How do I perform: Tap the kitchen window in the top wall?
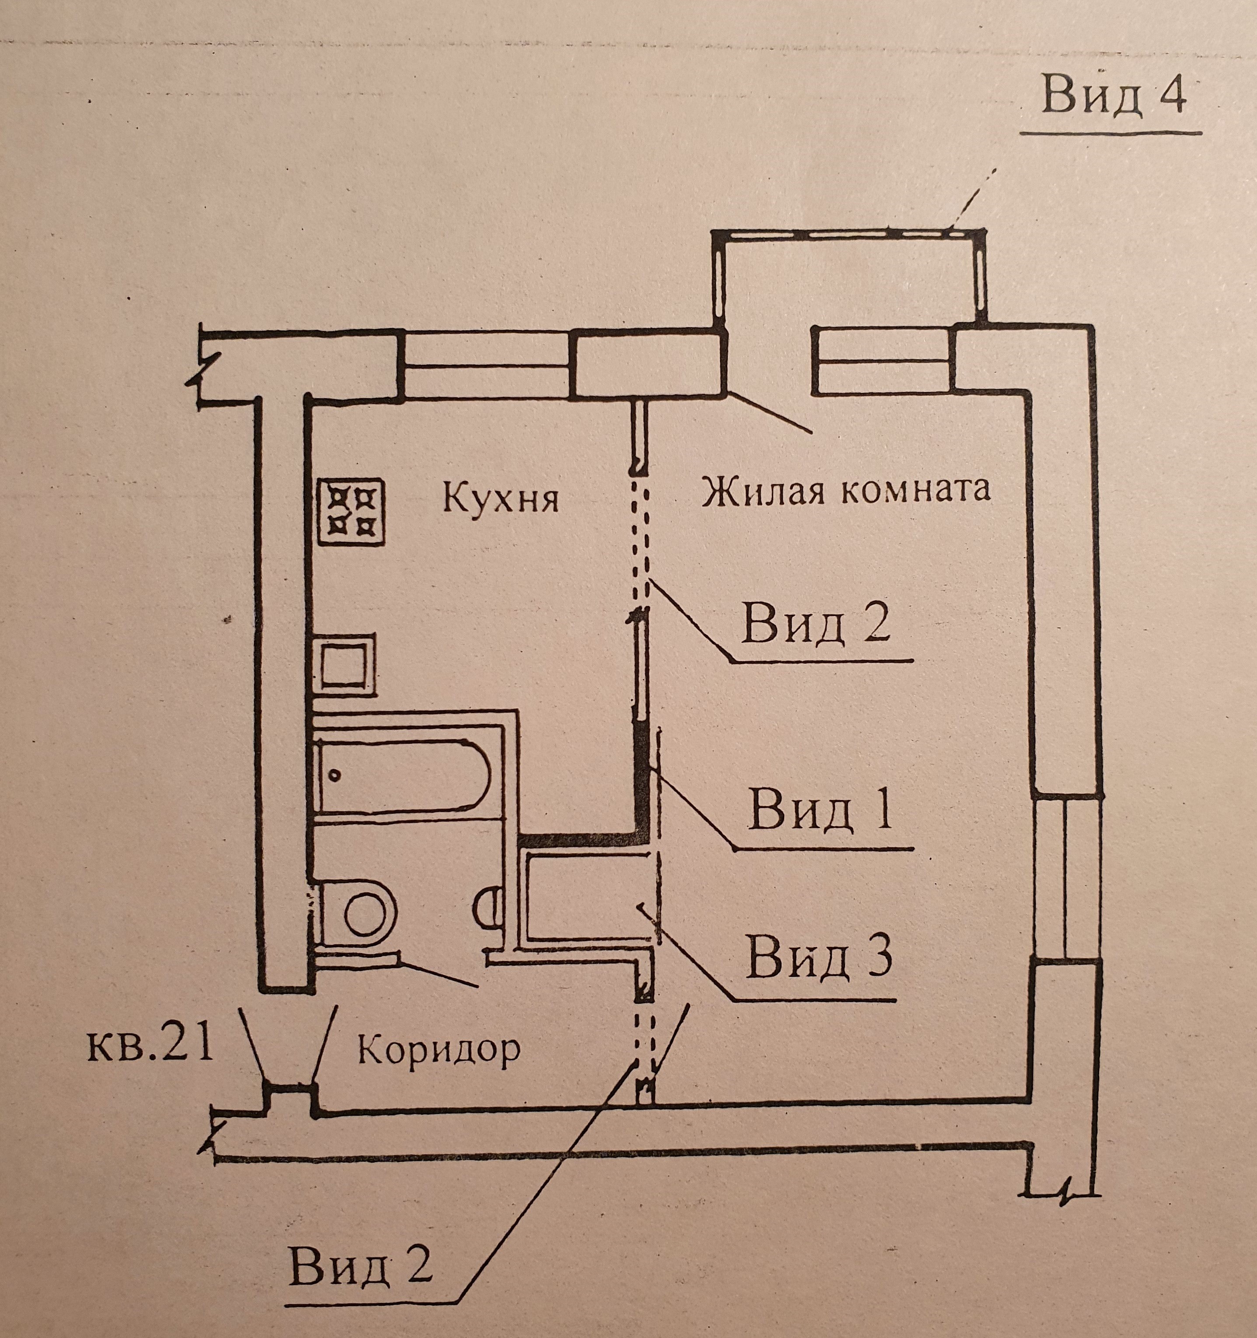(x=486, y=364)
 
